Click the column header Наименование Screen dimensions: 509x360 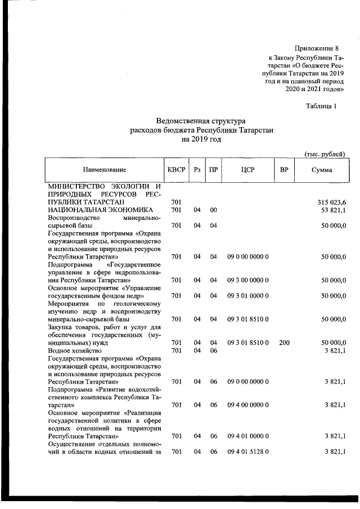click(104, 170)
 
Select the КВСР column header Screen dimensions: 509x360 click(176, 170)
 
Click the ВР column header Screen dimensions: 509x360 click(284, 170)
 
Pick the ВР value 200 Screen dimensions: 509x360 click(284, 342)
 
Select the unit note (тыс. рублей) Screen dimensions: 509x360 click(323, 154)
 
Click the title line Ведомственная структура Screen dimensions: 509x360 click(201, 120)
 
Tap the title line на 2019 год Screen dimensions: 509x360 click(201, 138)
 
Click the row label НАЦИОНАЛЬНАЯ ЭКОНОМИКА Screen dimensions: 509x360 click(96, 209)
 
